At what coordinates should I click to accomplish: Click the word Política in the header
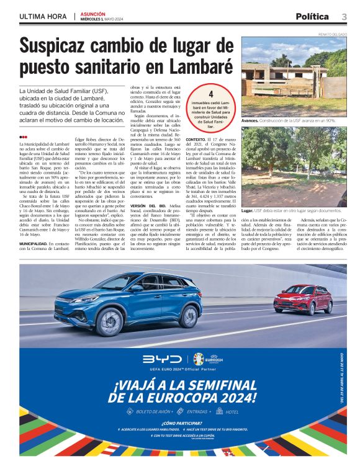click(313, 16)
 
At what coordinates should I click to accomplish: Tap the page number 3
click(344, 16)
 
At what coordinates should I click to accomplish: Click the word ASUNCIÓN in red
click(92, 14)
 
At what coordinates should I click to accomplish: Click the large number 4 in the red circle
click(211, 94)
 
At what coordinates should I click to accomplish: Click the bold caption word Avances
click(250, 120)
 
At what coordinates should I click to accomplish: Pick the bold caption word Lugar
click(248, 211)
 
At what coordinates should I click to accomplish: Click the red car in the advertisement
click(302, 298)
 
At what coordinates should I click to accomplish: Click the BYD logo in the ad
click(162, 359)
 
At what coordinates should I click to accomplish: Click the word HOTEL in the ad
click(233, 411)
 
